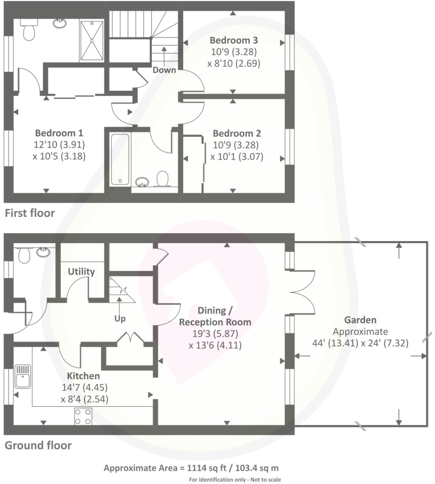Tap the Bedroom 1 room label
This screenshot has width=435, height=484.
[x=59, y=132]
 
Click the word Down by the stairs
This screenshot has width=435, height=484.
[x=165, y=70]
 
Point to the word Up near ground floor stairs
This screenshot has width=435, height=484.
[x=120, y=319]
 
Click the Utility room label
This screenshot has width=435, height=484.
[x=81, y=271]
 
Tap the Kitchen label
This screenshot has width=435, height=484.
[x=84, y=376]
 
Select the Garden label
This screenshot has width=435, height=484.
[x=360, y=320]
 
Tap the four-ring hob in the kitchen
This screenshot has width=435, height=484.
[x=83, y=416]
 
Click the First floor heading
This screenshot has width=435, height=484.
[x=30, y=214]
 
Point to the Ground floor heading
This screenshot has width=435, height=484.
[x=38, y=445]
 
